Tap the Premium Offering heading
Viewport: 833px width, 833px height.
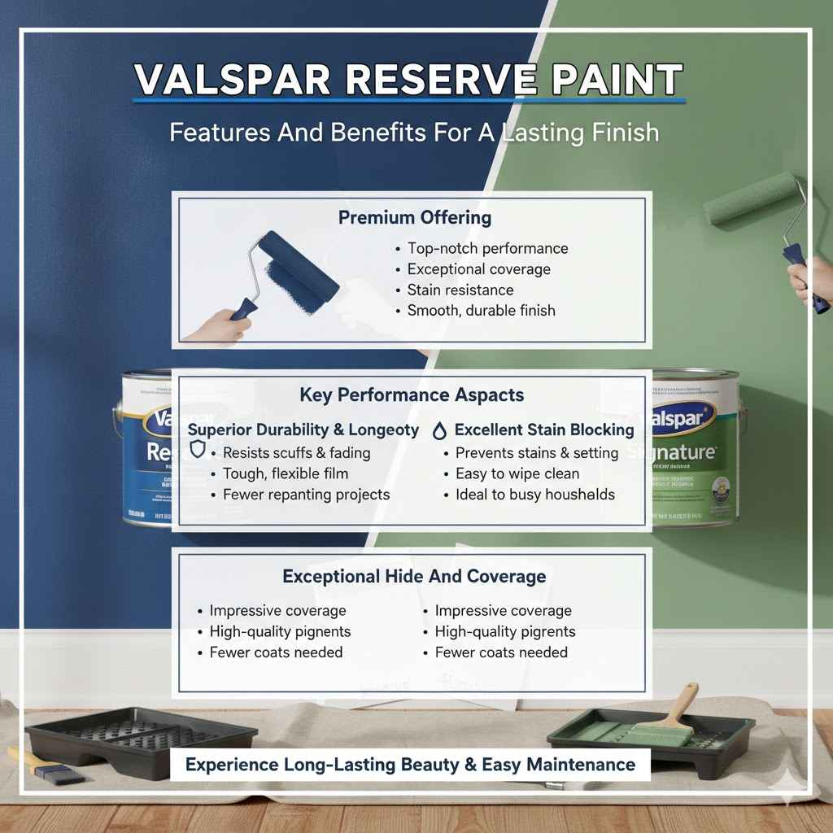(x=415, y=217)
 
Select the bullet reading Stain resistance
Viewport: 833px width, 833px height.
(x=460, y=290)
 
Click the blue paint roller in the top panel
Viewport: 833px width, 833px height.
(x=297, y=268)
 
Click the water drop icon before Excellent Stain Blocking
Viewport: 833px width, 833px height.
(x=440, y=430)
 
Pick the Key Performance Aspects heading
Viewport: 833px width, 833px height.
(x=412, y=395)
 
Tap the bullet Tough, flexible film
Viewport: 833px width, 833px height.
(x=286, y=473)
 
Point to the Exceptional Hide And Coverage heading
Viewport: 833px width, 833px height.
(x=414, y=576)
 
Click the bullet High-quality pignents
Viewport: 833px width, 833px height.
(x=281, y=631)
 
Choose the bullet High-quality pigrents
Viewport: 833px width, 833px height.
(x=505, y=631)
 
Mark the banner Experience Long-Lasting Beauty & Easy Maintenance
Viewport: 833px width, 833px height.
(x=410, y=765)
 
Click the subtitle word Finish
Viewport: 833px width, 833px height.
(x=621, y=132)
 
